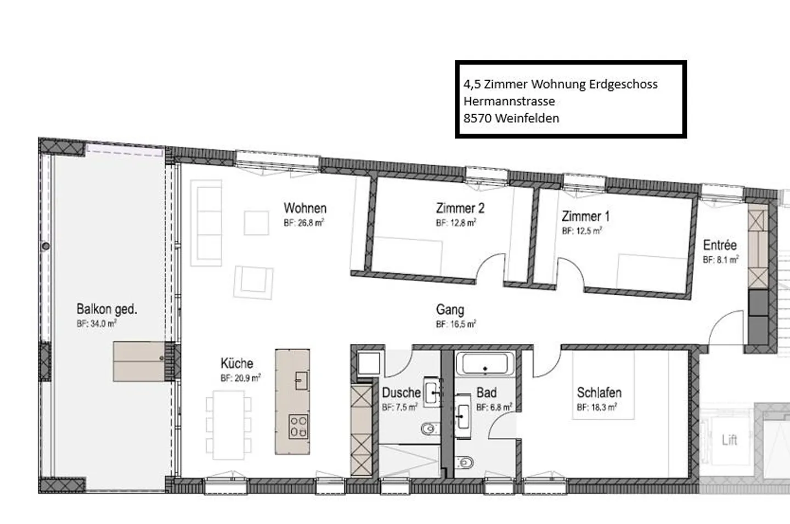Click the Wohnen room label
pyautogui.click(x=305, y=209)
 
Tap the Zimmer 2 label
pyautogui.click(x=460, y=209)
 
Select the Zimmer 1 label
pyautogui.click(x=585, y=216)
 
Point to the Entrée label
pyautogui.click(x=720, y=245)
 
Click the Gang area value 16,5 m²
pyautogui.click(x=456, y=324)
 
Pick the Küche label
pyautogui.click(x=237, y=363)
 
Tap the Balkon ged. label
pyautogui.click(x=106, y=309)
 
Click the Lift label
pyautogui.click(x=729, y=440)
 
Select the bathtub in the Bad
pyautogui.click(x=485, y=364)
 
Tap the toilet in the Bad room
pyautogui.click(x=465, y=463)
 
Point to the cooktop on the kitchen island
pyautogui.click(x=299, y=426)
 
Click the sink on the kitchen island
pyautogui.click(x=301, y=380)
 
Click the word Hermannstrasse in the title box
pyautogui.click(x=509, y=102)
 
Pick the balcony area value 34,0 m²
pyautogui.click(x=97, y=324)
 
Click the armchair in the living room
pyautogui.click(x=253, y=282)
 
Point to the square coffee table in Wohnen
pyautogui.click(x=256, y=223)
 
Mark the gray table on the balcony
pyautogui.click(x=139, y=361)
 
